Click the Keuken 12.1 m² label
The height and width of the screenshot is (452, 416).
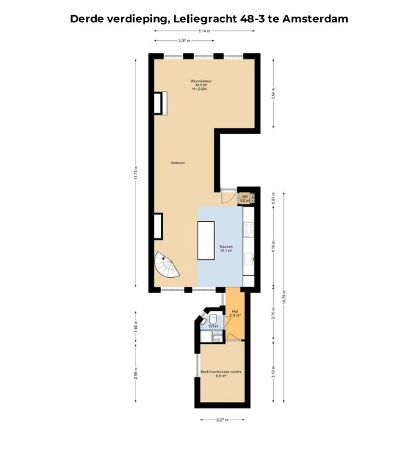pyautogui.click(x=226, y=249)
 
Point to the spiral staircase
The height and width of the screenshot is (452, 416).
pyautogui.click(x=169, y=266)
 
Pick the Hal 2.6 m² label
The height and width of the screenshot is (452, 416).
pyautogui.click(x=236, y=313)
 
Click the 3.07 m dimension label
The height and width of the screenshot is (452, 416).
pyautogui.click(x=184, y=41)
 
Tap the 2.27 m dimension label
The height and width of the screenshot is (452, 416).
pyautogui.click(x=221, y=419)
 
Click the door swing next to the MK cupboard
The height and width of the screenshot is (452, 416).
pyautogui.click(x=228, y=196)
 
